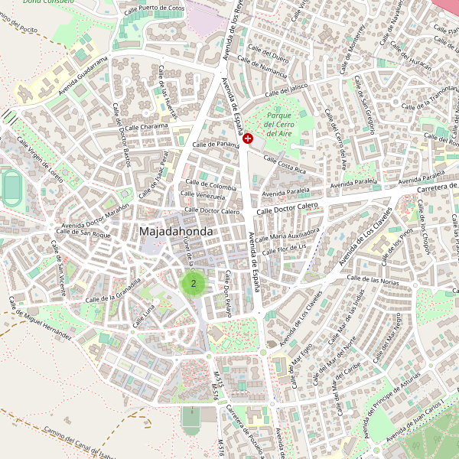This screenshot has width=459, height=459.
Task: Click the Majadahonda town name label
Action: click(176, 230)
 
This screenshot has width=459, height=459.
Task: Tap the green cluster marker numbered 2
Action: click(194, 283)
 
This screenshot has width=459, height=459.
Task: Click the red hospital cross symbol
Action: click(249, 138)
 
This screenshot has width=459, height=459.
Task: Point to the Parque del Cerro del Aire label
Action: click(279, 124)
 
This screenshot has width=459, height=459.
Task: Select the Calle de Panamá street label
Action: click(216, 144)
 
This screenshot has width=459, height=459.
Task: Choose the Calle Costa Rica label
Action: click(284, 164)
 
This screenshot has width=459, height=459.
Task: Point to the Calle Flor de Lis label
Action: click(284, 249)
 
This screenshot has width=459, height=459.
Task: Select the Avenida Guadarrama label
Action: click(76, 79)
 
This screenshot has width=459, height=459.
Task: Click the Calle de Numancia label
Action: click(262, 70)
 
